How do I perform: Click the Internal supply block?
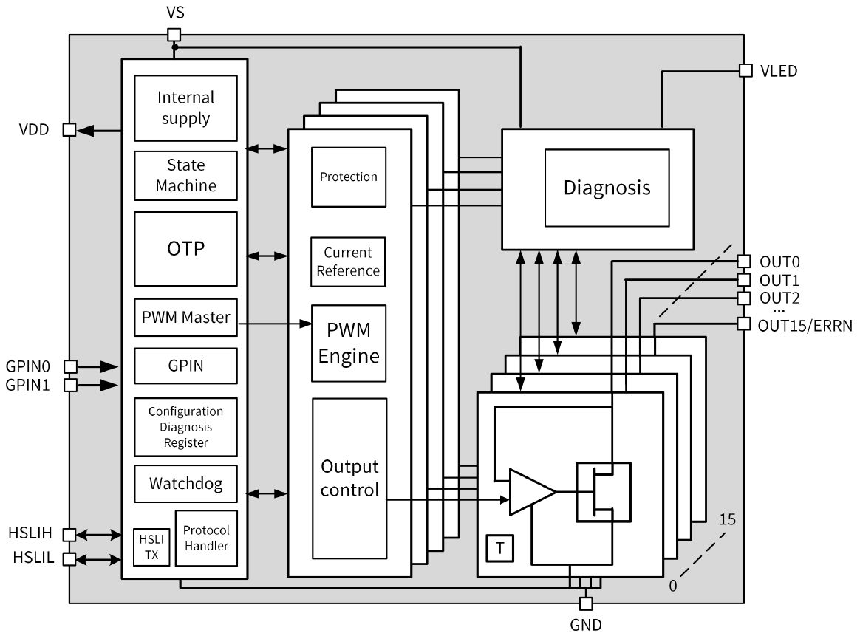[x=185, y=108]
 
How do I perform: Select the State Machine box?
[x=185, y=176]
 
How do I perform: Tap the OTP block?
[x=185, y=249]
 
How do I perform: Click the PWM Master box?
[x=185, y=318]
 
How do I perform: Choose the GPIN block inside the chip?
[x=185, y=365]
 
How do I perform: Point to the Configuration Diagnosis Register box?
[x=185, y=427]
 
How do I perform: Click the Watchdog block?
[x=185, y=484]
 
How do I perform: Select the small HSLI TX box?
[x=151, y=547]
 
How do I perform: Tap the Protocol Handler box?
[x=206, y=538]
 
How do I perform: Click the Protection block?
[x=349, y=177]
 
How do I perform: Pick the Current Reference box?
[x=349, y=261]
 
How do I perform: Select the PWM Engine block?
[x=349, y=343]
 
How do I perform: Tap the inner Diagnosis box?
[x=607, y=188]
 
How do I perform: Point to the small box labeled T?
[x=500, y=548]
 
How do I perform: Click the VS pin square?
[x=174, y=34]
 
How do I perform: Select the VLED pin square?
[x=745, y=71]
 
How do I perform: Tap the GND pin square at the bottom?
[x=586, y=603]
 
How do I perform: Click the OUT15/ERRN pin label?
[x=805, y=324]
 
